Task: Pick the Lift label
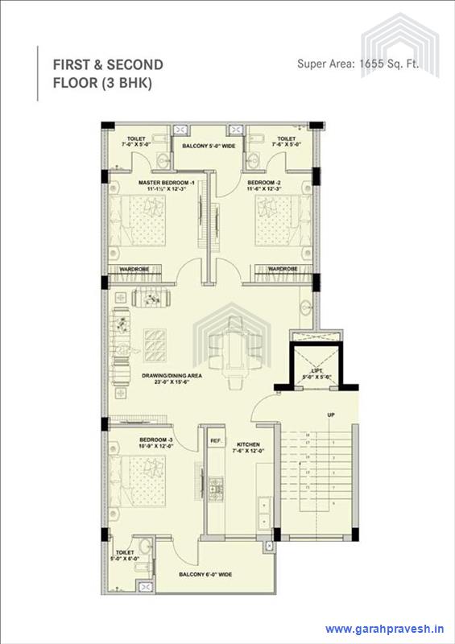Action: [x=312, y=373]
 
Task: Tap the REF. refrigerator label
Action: [x=216, y=441]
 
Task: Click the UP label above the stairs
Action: [x=330, y=415]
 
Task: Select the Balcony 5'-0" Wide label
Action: [x=209, y=146]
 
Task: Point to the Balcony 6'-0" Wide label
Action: [x=206, y=574]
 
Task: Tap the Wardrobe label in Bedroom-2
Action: [x=283, y=268]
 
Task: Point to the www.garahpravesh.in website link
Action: [x=384, y=629]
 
